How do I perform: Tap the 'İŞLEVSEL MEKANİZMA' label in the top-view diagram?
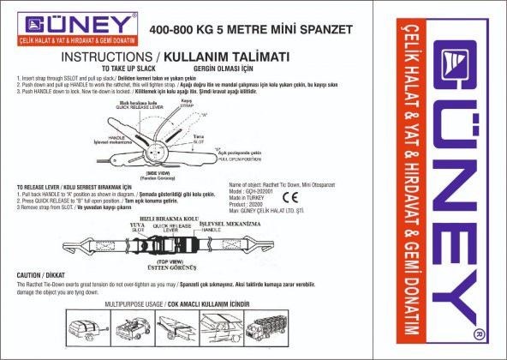coord(230,223)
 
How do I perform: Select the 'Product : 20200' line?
coord(249,206)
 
